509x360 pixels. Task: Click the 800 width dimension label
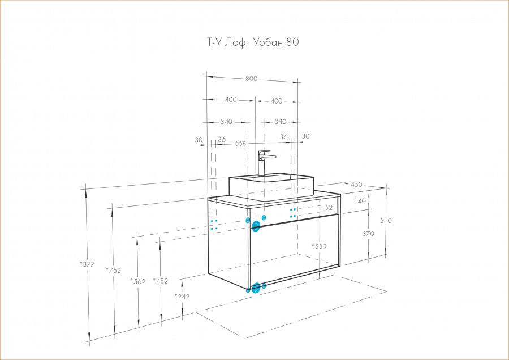pyautogui.click(x=251, y=79)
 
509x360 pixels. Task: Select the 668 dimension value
pyautogui.click(x=240, y=144)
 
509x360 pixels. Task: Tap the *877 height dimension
pyautogui.click(x=87, y=263)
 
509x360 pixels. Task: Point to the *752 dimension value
pyautogui.click(x=114, y=270)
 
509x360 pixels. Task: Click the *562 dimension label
pyautogui.click(x=139, y=281)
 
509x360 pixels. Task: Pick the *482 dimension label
pyautogui.click(x=161, y=281)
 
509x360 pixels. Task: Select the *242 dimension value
pyautogui.click(x=182, y=297)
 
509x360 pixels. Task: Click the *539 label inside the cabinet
pyautogui.click(x=320, y=246)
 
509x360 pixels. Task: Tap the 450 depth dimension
pyautogui.click(x=356, y=185)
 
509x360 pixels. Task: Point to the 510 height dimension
pyautogui.click(x=386, y=221)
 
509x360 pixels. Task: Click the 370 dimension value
pyautogui.click(x=368, y=233)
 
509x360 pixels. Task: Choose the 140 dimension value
pyautogui.click(x=361, y=200)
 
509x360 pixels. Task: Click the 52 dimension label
pyautogui.click(x=329, y=208)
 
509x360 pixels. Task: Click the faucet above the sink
pyautogui.click(x=265, y=162)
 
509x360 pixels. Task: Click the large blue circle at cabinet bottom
pyautogui.click(x=256, y=288)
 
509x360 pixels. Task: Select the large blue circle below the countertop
pyautogui.click(x=256, y=226)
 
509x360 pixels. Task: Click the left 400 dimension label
pyautogui.click(x=230, y=100)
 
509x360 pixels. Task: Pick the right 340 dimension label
pyautogui.click(x=280, y=122)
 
